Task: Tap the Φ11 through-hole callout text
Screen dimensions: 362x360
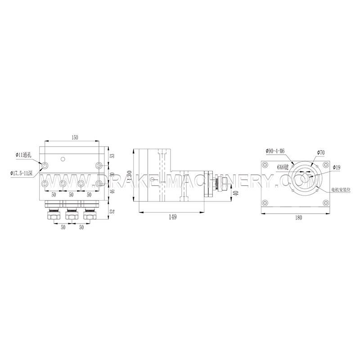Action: tap(23, 155)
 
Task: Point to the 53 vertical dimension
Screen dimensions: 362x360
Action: tap(112, 156)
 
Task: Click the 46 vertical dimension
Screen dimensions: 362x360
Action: tap(112, 191)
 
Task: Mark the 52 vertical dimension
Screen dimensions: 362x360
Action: tap(112, 210)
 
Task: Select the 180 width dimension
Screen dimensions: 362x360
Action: tap(298, 217)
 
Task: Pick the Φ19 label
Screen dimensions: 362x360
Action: tap(337, 167)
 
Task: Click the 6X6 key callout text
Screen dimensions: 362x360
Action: tap(283, 166)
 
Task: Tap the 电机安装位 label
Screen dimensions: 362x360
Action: tap(341, 189)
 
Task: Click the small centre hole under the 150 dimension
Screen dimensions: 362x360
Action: tap(63, 158)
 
